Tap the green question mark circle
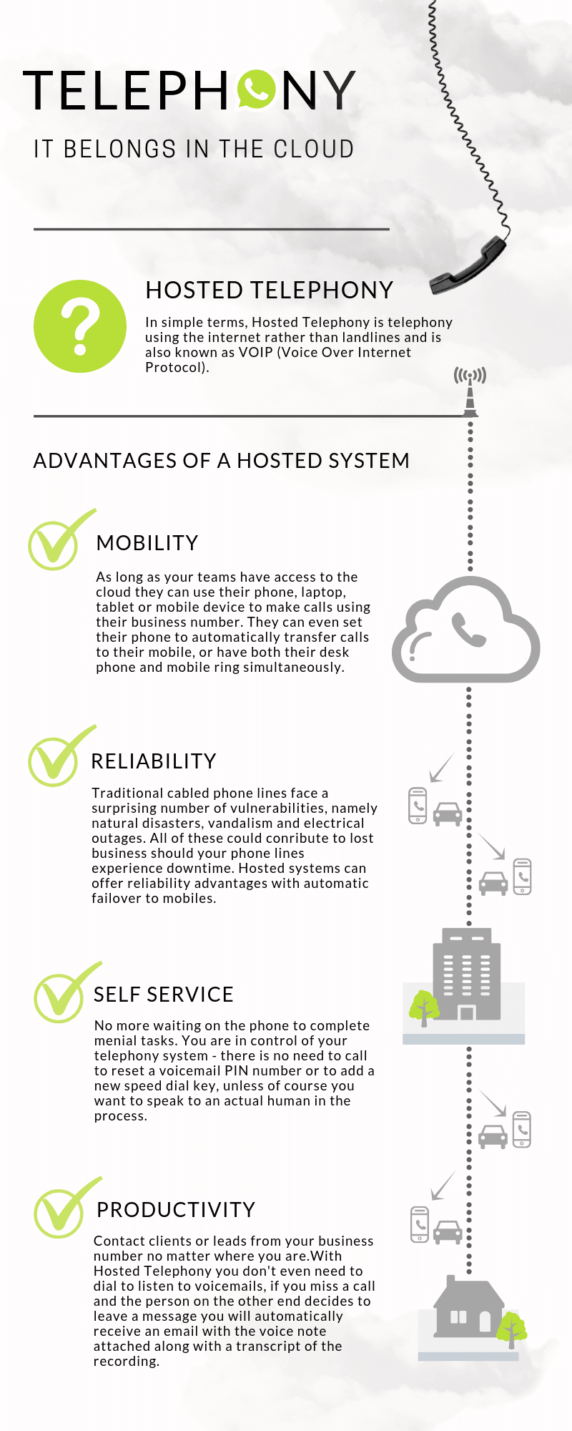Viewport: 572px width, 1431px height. click(80, 326)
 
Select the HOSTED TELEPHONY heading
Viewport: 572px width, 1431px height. click(269, 290)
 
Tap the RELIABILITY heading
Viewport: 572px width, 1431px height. click(153, 761)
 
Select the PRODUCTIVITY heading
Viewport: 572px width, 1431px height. click(176, 1209)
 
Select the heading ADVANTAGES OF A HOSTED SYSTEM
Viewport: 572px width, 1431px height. click(221, 460)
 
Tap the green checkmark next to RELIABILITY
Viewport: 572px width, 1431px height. click(55, 760)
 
